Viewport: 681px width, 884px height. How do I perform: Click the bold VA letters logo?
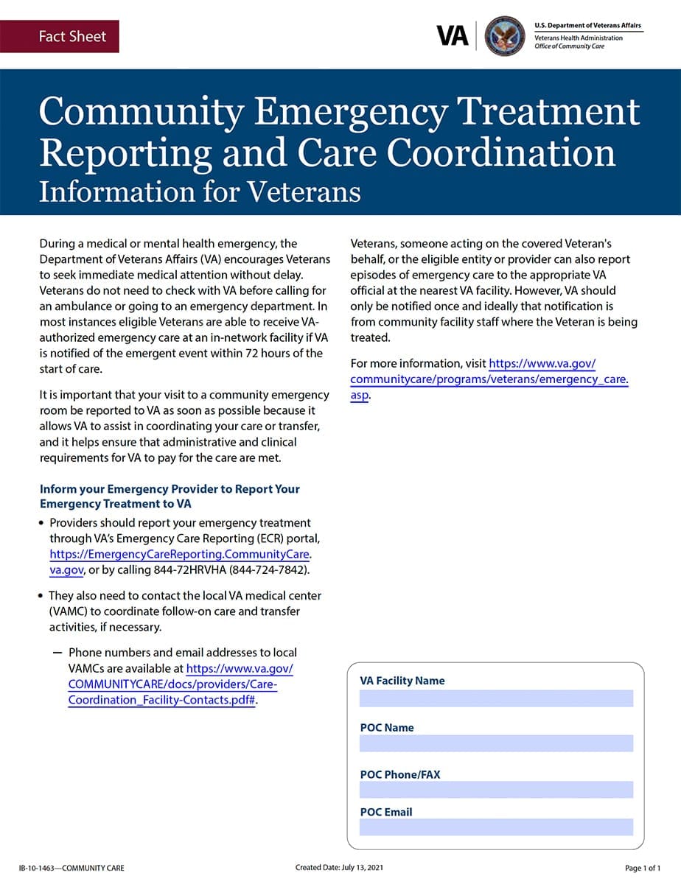[x=452, y=35]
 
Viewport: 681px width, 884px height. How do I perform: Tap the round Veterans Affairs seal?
[x=506, y=35]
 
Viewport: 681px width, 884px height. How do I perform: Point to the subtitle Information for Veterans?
[x=200, y=192]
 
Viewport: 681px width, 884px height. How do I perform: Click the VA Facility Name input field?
[x=496, y=698]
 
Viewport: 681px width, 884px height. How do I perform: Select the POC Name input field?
[x=496, y=743]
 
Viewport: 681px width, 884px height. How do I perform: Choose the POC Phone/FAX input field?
[x=496, y=790]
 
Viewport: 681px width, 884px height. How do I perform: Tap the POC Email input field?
[x=496, y=827]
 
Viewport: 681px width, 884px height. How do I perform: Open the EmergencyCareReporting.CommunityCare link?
[x=181, y=554]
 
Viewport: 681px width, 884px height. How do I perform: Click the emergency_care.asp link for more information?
[x=489, y=379]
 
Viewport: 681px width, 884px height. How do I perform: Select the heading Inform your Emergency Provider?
[x=170, y=496]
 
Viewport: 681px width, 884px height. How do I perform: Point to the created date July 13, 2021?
[x=339, y=868]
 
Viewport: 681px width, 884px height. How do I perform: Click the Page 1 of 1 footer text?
[x=643, y=868]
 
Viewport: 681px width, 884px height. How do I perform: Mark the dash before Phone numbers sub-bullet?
[x=57, y=653]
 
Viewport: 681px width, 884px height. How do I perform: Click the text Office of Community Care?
[x=570, y=46]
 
